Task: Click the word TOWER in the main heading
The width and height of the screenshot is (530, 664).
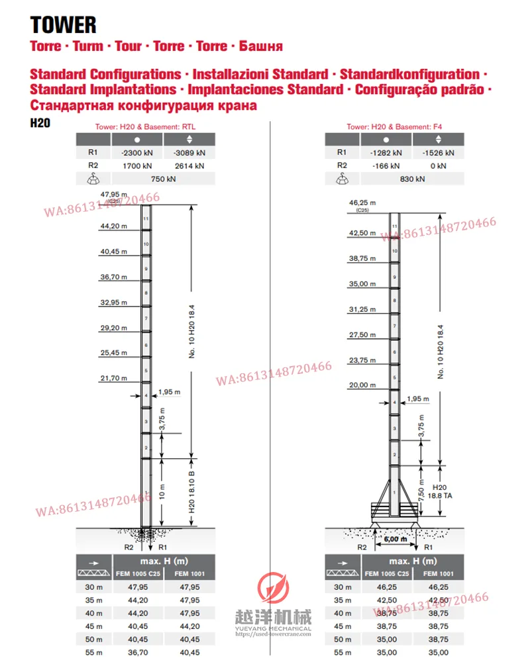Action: pyautogui.click(x=64, y=25)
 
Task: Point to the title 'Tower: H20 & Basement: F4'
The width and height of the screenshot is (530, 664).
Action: pyautogui.click(x=394, y=126)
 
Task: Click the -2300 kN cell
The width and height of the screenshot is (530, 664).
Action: pyautogui.click(x=137, y=152)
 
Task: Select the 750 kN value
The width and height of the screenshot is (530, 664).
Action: pyautogui.click(x=162, y=179)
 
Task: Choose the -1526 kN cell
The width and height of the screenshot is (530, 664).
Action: pyautogui.click(x=438, y=152)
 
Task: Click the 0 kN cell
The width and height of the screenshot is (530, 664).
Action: pyautogui.click(x=438, y=165)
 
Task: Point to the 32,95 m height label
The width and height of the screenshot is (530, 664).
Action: pyautogui.click(x=113, y=302)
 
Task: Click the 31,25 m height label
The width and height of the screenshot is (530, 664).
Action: pyautogui.click(x=362, y=309)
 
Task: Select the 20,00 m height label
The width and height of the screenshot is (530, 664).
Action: pyautogui.click(x=362, y=385)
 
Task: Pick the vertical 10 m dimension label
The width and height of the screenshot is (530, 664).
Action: pyautogui.click(x=162, y=491)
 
